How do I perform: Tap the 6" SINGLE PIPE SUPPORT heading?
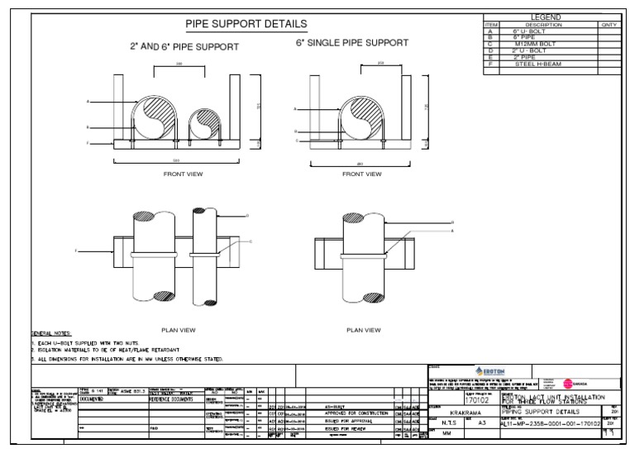(x=351, y=42)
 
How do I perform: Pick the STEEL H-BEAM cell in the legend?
(x=542, y=64)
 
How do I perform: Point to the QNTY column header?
(x=609, y=25)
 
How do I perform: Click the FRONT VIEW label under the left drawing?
(x=183, y=174)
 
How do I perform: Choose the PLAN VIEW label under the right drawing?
(x=362, y=330)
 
